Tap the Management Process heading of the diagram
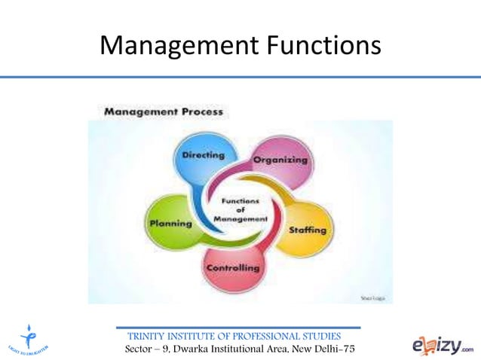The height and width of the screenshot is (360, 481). click(163, 111)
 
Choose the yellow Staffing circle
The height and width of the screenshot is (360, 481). click(308, 227)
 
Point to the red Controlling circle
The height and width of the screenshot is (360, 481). click(233, 267)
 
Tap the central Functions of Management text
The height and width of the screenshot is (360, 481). click(240, 209)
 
